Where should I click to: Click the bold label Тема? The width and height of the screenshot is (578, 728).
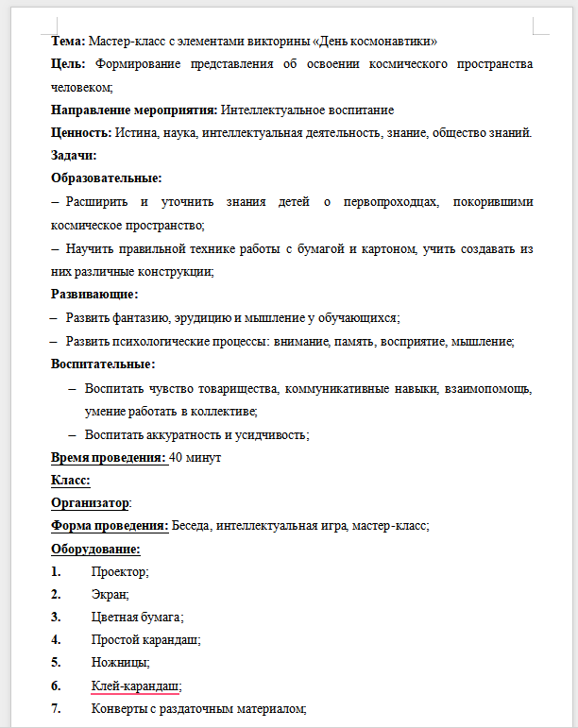coord(68,42)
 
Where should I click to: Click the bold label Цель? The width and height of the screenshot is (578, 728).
coord(69,64)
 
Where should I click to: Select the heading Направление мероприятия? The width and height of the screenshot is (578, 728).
coord(133,110)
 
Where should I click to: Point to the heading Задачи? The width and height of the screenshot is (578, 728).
coord(74,155)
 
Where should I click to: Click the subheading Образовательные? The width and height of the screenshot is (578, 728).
coord(106,178)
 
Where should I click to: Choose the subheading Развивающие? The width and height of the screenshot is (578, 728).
coord(93,295)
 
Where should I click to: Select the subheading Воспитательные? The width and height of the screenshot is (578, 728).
coord(103,364)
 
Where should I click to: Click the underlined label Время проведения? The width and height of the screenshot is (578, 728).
coord(109,457)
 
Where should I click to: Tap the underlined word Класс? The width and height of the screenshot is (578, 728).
coord(70,481)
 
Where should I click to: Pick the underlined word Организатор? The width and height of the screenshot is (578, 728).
coord(89,503)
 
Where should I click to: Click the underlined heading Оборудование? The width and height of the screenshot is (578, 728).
coord(95,550)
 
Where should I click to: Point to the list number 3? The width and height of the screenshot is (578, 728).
coord(56,618)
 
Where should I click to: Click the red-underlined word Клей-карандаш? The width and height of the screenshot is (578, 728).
coord(134,686)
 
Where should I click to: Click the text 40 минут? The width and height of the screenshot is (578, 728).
coord(195,457)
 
